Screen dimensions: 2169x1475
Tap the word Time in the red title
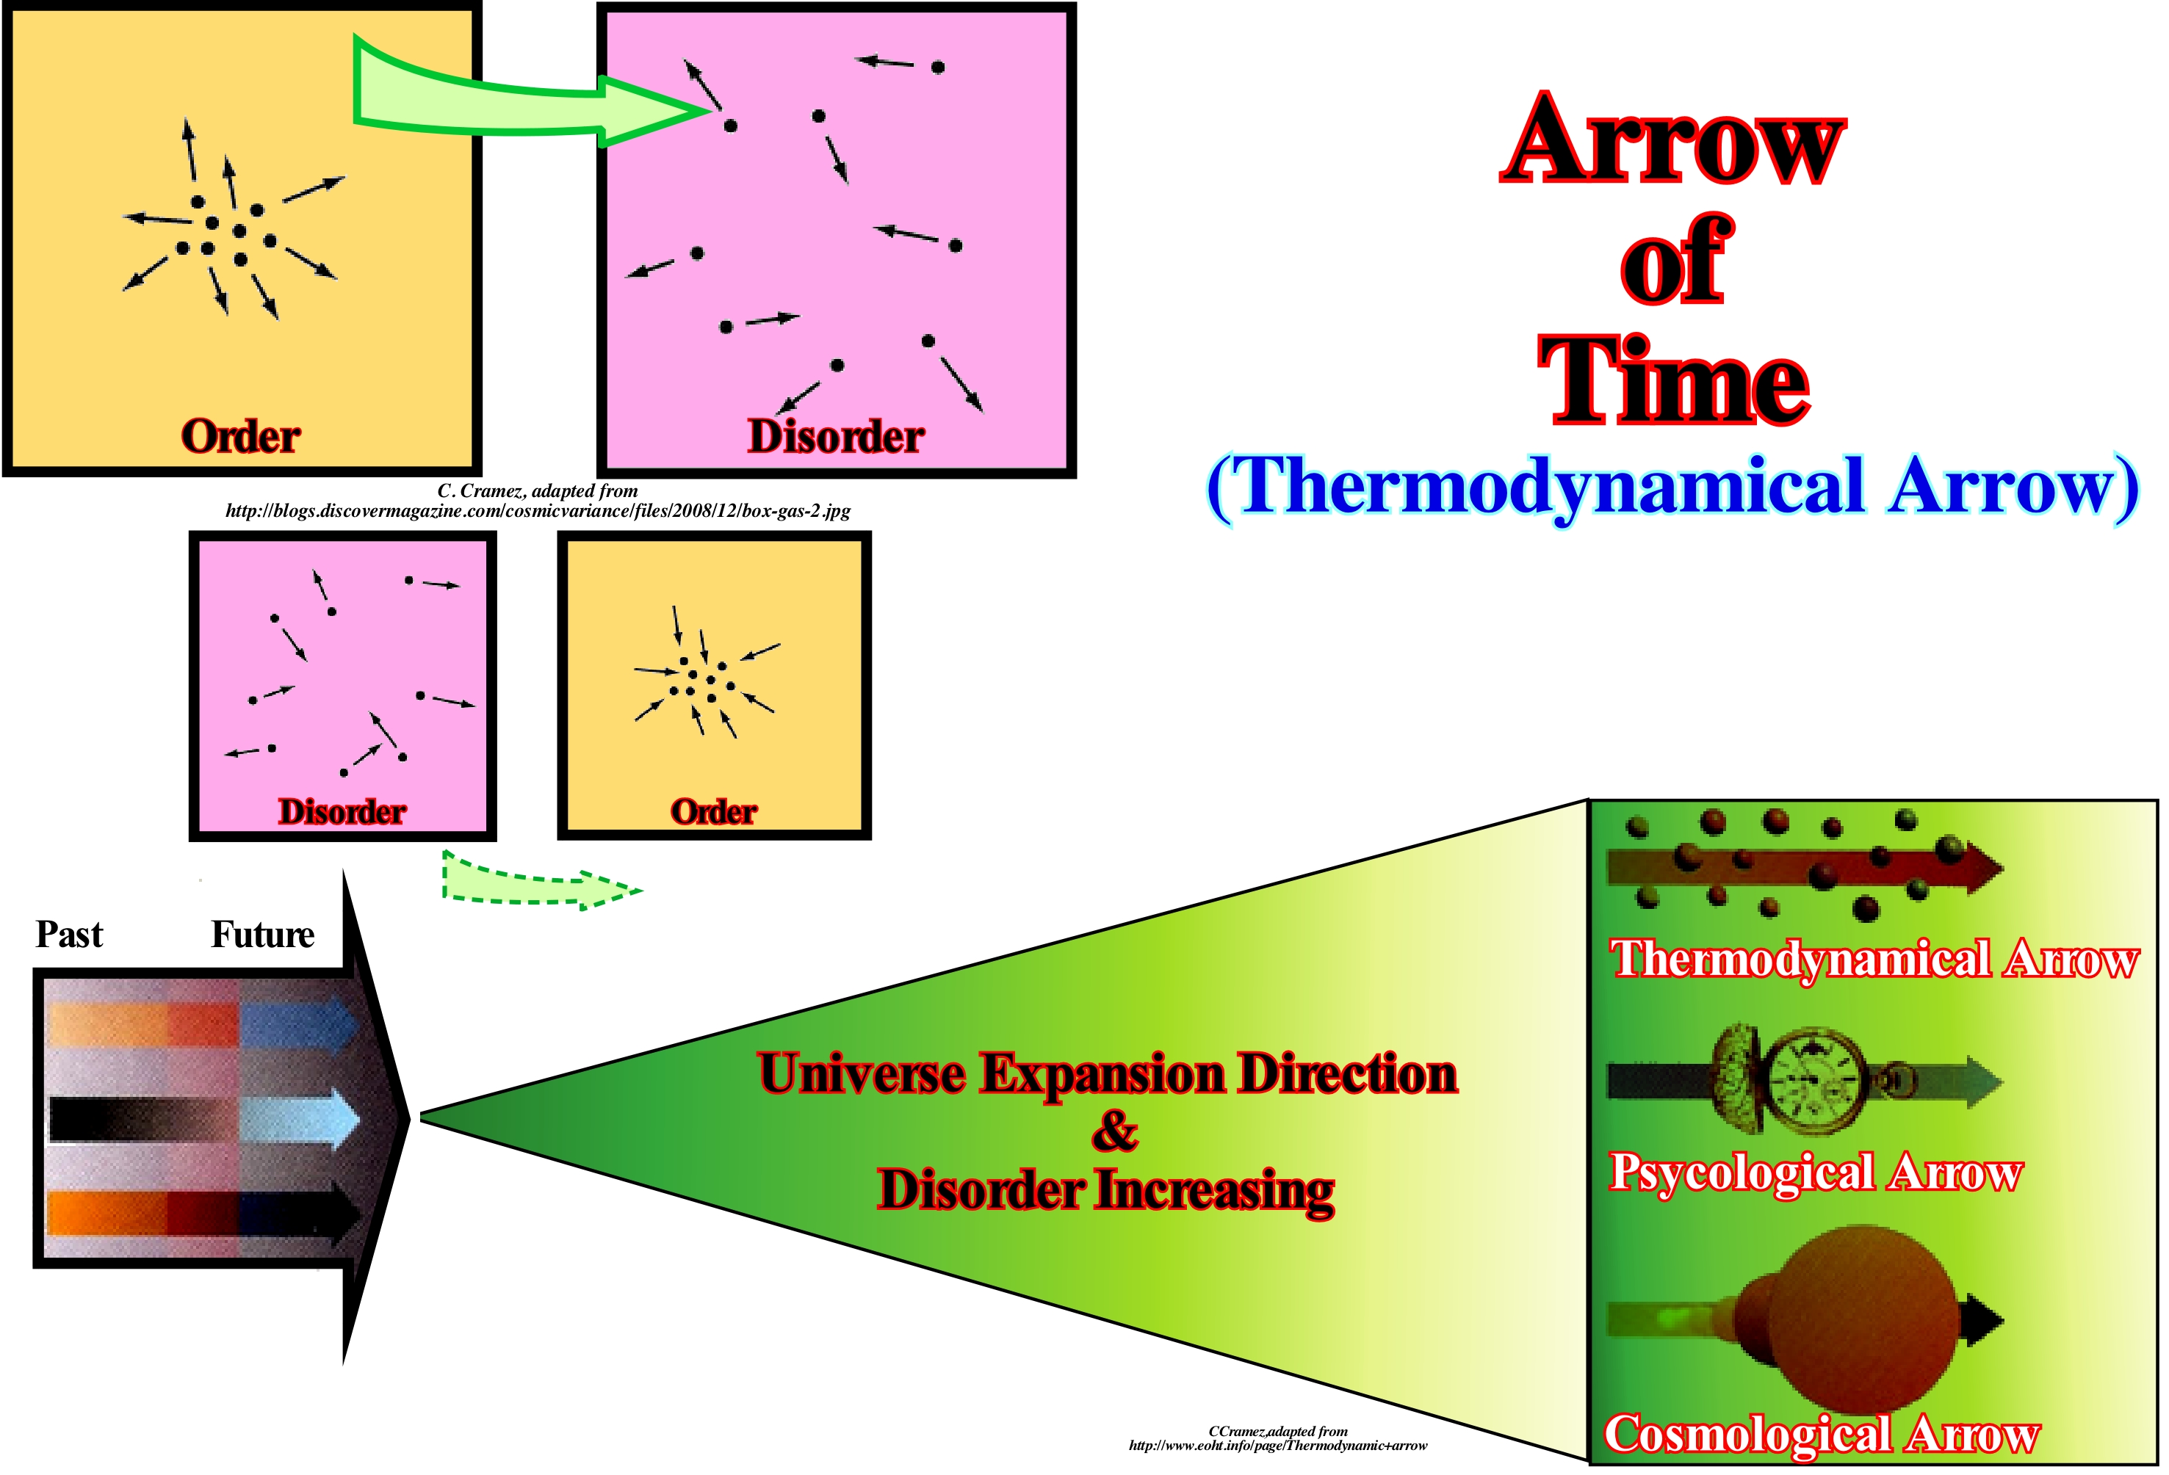(x=1673, y=380)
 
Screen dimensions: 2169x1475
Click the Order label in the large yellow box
(x=241, y=435)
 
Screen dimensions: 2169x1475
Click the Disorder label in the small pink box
(x=342, y=812)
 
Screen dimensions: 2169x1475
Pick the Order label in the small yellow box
(x=714, y=812)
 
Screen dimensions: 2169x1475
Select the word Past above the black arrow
(x=69, y=935)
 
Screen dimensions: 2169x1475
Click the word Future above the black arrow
(x=262, y=935)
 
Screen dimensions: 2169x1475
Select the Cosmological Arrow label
(x=1822, y=1434)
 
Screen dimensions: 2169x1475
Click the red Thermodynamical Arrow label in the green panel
(x=1874, y=959)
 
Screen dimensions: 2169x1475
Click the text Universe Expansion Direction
(x=1108, y=1074)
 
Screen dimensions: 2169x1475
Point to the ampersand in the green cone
(x=1114, y=1131)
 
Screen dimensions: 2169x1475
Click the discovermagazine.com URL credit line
(x=538, y=511)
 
